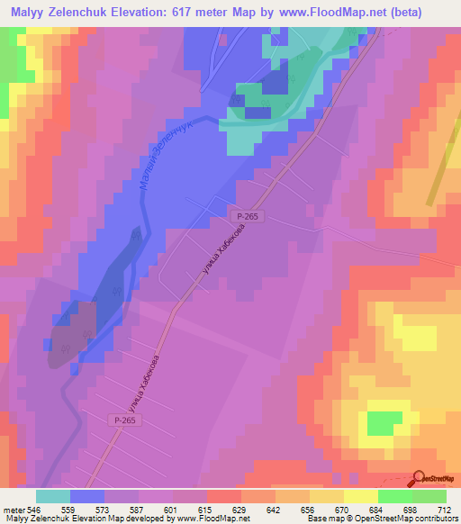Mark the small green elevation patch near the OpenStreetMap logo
384,422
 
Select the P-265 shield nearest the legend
127,420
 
